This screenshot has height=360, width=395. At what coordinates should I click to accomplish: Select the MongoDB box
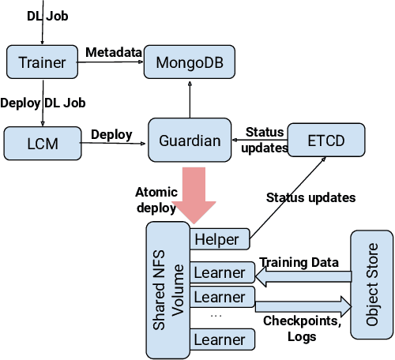pos(188,62)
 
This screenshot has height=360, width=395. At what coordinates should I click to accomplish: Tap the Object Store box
pos(371,285)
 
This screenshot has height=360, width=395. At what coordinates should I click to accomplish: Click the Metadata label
pos(114,52)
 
